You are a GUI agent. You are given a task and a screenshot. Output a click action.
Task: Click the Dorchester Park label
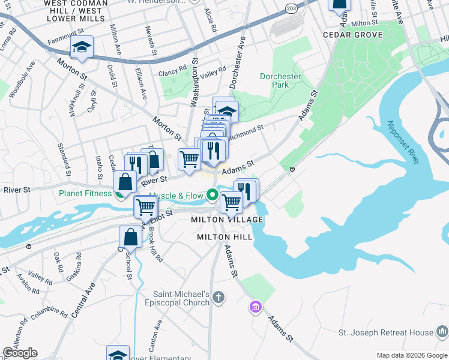pyautogui.click(x=280, y=80)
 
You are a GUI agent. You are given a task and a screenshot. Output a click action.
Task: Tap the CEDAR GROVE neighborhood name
pyautogui.click(x=352, y=35)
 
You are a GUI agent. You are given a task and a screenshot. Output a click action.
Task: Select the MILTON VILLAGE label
pyautogui.click(x=227, y=220)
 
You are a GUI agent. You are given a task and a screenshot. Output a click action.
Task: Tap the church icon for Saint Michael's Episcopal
pyautogui.click(x=219, y=296)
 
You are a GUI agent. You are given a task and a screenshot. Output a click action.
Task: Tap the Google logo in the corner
pyautogui.click(x=20, y=353)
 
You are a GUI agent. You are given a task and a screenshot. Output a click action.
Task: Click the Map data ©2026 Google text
pyautogui.click(x=412, y=355)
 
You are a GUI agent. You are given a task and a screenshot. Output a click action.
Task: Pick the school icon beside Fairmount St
pyautogui.click(x=82, y=47)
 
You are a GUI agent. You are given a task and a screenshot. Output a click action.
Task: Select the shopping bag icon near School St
pyautogui.click(x=130, y=237)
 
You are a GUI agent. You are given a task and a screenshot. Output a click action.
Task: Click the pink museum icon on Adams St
pyautogui.click(x=255, y=307)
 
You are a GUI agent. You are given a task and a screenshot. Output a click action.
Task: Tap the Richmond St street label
pyautogui.click(x=246, y=130)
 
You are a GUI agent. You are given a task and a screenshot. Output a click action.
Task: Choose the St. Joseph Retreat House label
pyautogui.click(x=385, y=332)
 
